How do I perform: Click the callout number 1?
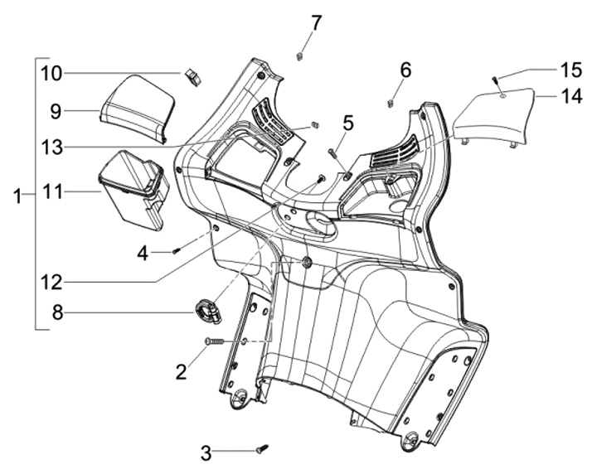click(16, 196)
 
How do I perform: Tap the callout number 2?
click(180, 372)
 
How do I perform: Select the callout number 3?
click(206, 452)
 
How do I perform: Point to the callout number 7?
click(315, 22)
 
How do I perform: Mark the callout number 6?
click(405, 70)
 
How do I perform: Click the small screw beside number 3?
click(261, 448)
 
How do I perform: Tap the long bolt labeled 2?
click(214, 341)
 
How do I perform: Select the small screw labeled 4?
click(176, 249)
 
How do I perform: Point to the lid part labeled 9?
click(136, 105)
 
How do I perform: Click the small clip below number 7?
click(299, 56)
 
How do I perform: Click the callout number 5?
click(347, 123)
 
